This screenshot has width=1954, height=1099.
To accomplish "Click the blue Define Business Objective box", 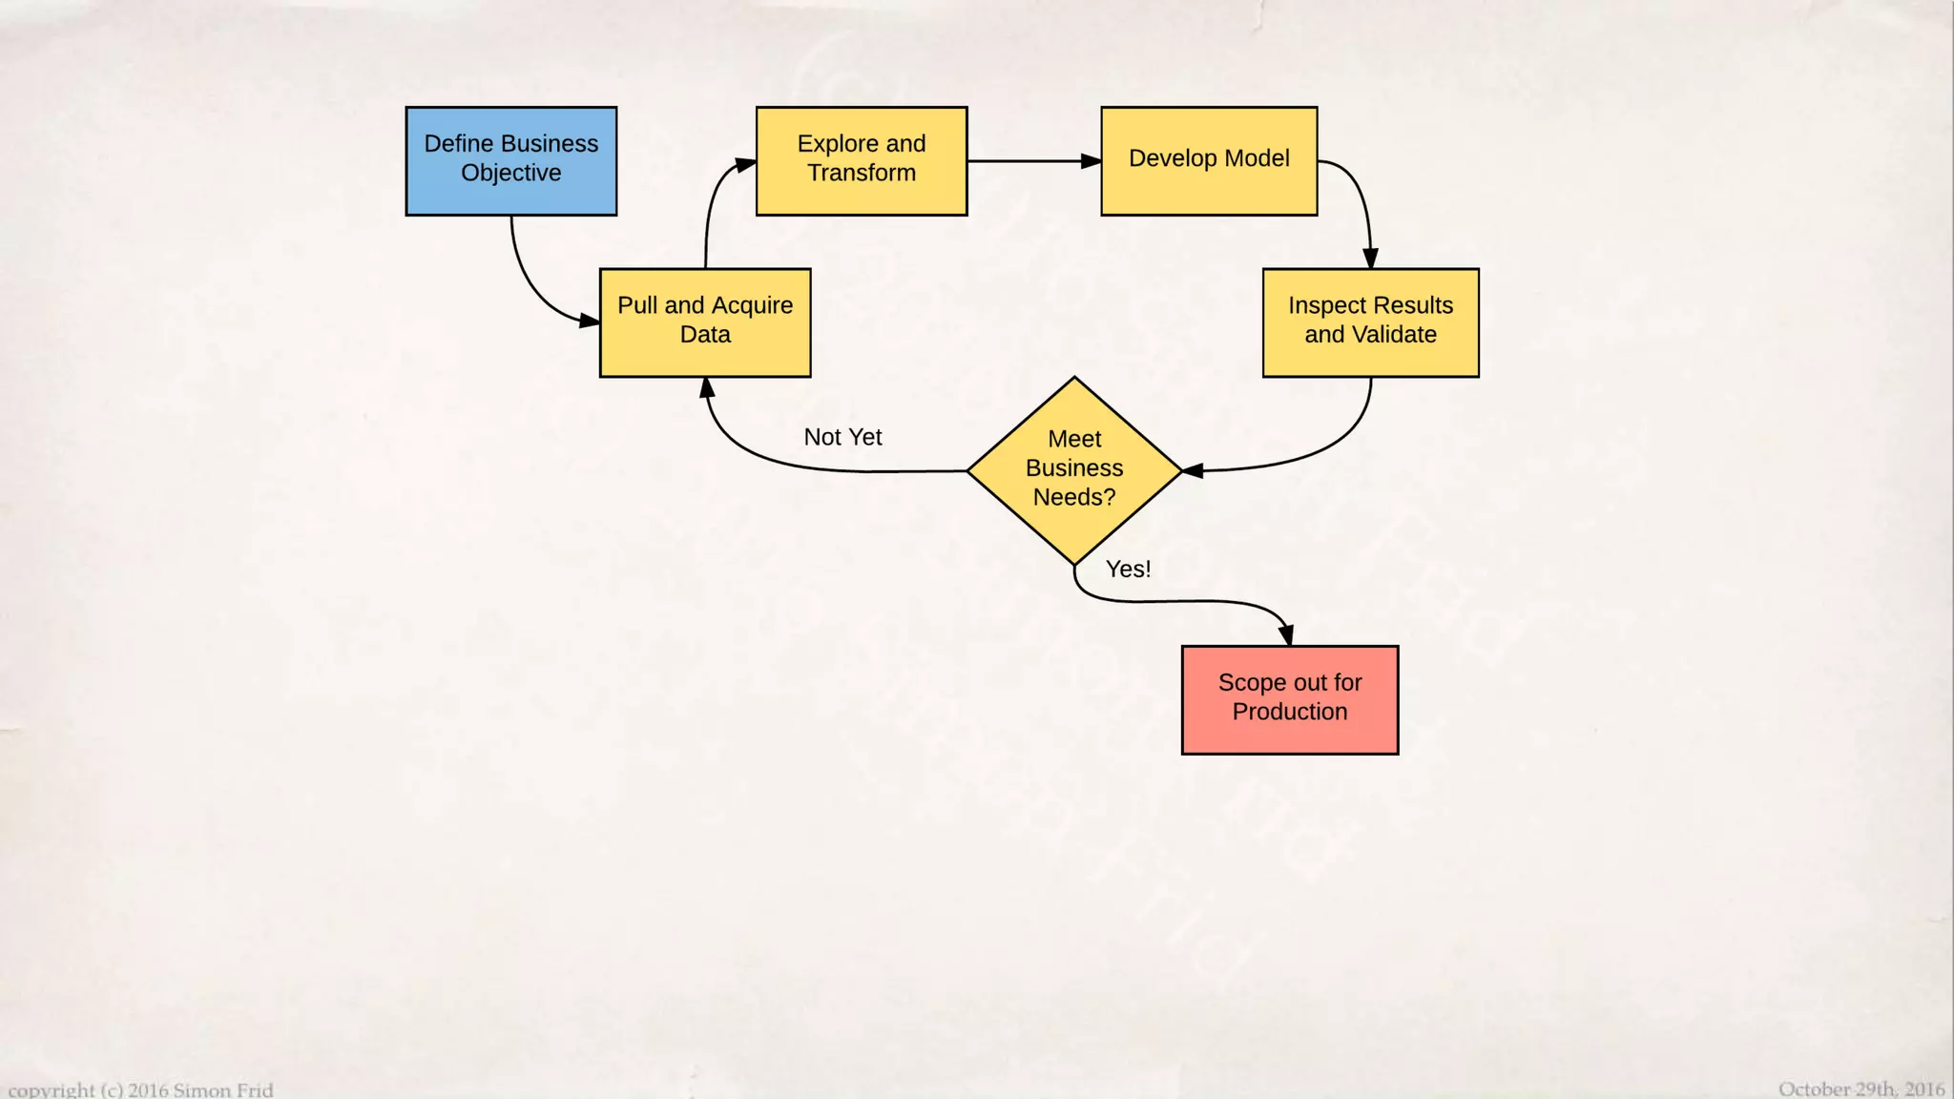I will click(511, 160).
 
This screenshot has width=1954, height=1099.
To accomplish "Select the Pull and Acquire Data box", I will click(705, 321).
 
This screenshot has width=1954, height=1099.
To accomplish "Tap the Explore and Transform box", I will click(861, 160).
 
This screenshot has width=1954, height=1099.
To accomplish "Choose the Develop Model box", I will click(1209, 160).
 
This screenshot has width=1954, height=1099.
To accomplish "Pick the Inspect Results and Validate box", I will click(1370, 321).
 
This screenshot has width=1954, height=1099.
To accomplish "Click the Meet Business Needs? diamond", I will click(1074, 469).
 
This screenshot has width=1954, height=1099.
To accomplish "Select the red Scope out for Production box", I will click(1290, 699).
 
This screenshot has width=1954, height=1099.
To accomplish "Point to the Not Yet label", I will click(842, 437).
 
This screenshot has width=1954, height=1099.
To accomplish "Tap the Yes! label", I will click(1128, 569).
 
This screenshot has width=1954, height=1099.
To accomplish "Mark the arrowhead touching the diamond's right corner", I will click(1193, 470).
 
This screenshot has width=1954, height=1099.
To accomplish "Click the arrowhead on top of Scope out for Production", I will click(1287, 635).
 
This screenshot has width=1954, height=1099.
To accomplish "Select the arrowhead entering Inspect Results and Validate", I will click(1370, 259).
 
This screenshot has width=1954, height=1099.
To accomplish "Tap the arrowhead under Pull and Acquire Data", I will click(707, 387).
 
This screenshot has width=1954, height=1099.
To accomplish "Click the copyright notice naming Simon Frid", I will click(141, 1089).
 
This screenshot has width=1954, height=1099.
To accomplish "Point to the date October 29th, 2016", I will click(1860, 1089).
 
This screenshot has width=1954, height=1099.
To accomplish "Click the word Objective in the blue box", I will click(511, 173).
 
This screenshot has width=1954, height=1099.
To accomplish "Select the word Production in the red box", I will click(1290, 712).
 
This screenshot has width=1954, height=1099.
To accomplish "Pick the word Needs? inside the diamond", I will click(1074, 497).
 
